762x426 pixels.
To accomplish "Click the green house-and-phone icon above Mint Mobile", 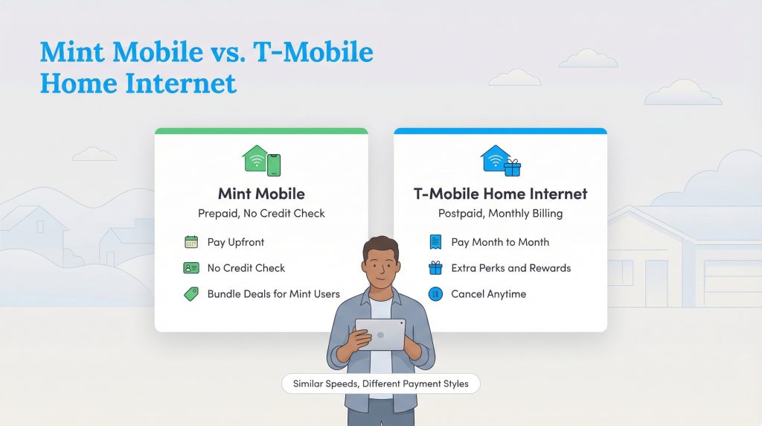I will [x=261, y=160].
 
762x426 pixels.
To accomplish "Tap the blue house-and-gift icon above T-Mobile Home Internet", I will [x=500, y=160].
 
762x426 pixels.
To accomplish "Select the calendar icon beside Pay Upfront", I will [x=191, y=242].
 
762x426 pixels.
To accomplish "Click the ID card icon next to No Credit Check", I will [x=191, y=268].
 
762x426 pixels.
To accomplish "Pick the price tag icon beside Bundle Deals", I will [x=191, y=294].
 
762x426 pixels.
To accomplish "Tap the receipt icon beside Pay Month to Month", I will [x=435, y=242].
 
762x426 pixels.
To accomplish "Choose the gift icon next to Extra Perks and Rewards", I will [x=435, y=268].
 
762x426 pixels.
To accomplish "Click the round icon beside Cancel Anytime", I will [x=435, y=294].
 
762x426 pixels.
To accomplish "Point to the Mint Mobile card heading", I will [x=261, y=194].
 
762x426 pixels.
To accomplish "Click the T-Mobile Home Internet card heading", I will [x=500, y=194].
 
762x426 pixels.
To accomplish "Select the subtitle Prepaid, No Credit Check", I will [x=261, y=214].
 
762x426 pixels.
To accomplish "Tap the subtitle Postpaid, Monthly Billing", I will [x=500, y=214].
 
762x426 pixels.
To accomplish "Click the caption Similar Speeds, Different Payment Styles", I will [x=380, y=384].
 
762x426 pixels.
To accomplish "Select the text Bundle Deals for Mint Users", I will [x=273, y=294].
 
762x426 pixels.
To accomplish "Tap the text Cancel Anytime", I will [x=488, y=294].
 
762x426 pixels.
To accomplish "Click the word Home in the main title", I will [x=77, y=82].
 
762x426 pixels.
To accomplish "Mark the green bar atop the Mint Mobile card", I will [x=261, y=131].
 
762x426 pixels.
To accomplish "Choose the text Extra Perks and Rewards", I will [x=510, y=268].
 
